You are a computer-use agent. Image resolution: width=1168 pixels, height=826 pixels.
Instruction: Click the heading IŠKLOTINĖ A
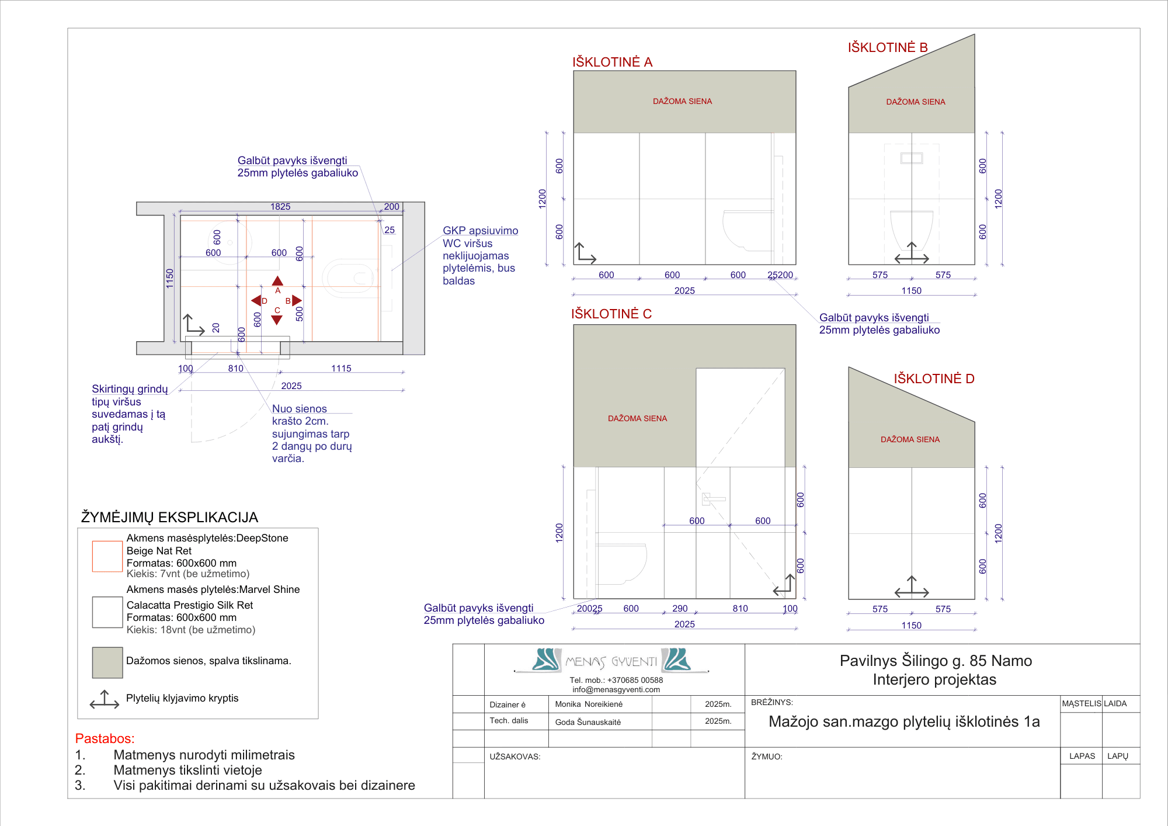pyautogui.click(x=612, y=62)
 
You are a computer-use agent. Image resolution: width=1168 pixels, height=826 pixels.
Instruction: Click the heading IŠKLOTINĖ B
pyautogui.click(x=887, y=47)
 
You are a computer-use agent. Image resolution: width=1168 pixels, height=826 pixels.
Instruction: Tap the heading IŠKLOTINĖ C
pyautogui.click(x=611, y=314)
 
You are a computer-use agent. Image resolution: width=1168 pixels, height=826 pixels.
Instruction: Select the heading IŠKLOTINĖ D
pyautogui.click(x=933, y=379)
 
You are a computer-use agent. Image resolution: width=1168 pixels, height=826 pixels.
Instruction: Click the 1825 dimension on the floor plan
pyautogui.click(x=280, y=207)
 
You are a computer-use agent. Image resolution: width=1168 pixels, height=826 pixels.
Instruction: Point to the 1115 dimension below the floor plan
pyautogui.click(x=341, y=369)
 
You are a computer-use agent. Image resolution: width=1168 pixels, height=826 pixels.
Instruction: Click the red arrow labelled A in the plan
pyautogui.click(x=278, y=281)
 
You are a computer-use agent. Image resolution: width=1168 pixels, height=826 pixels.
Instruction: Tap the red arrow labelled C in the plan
pyautogui.click(x=277, y=320)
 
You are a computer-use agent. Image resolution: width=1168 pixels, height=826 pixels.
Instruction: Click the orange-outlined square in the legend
pyautogui.click(x=107, y=556)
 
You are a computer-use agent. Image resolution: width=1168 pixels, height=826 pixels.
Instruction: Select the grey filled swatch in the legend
pyautogui.click(x=107, y=662)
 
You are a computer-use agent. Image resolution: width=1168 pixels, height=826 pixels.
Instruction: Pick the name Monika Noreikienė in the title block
pyautogui.click(x=589, y=704)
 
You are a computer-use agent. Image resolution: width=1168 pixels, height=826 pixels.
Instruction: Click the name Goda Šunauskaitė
pyautogui.click(x=588, y=722)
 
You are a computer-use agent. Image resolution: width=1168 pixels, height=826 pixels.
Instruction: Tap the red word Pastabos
pyautogui.click(x=105, y=738)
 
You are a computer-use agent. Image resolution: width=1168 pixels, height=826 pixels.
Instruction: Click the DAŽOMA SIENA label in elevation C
pyautogui.click(x=637, y=418)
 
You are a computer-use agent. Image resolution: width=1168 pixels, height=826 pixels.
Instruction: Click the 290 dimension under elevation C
pyautogui.click(x=680, y=609)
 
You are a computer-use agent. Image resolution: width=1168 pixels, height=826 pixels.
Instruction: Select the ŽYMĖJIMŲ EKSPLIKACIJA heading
pyautogui.click(x=169, y=518)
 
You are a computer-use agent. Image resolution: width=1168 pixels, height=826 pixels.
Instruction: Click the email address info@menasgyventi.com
pyautogui.click(x=616, y=689)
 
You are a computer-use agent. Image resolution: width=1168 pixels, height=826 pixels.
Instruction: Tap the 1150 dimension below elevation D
pyautogui.click(x=911, y=626)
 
